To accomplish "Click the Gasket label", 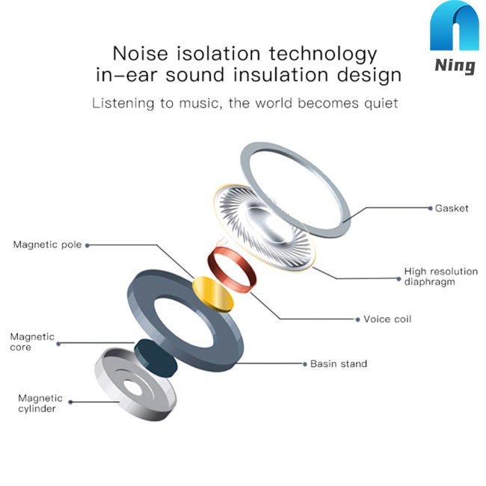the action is point(452,209).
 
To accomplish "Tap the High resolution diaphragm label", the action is point(440,277).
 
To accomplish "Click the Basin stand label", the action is point(339,364).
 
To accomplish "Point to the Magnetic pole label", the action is point(47,244).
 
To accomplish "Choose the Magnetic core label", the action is point(32,342).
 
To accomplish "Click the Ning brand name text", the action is point(455,66).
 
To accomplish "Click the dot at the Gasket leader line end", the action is point(428,209).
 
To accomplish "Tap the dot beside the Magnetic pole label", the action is point(88,244).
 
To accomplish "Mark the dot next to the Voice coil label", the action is point(357,319).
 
